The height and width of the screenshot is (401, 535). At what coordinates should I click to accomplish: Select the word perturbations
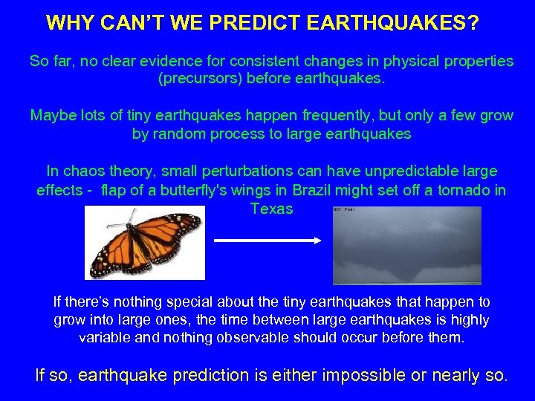point(239,172)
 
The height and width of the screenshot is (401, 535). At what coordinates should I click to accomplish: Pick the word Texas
point(272,209)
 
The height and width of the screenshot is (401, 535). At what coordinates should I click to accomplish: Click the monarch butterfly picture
point(145,241)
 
